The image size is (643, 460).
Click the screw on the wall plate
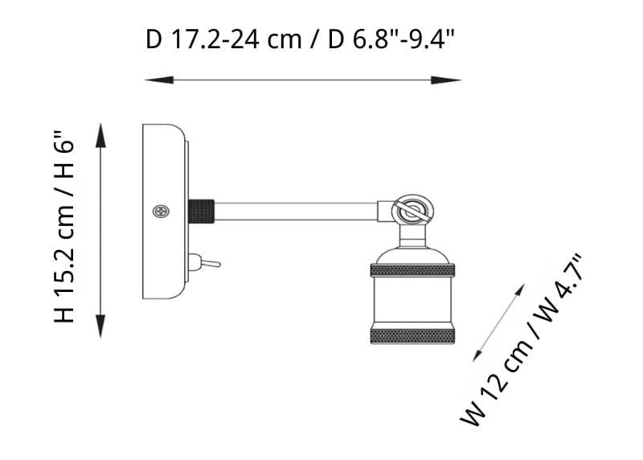pyautogui.click(x=162, y=212)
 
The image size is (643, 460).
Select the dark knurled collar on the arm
pyautogui.click(x=202, y=212)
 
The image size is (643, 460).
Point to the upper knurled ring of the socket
pyautogui.click(x=412, y=270)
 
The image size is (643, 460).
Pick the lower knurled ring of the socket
pyautogui.click(x=412, y=335)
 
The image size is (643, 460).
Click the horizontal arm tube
pyautogui.click(x=296, y=212)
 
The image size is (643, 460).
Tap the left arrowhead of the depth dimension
pyautogui.click(x=159, y=80)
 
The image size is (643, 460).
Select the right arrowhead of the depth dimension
pyautogui.click(x=446, y=80)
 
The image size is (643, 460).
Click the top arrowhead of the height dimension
pyautogui.click(x=101, y=135)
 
